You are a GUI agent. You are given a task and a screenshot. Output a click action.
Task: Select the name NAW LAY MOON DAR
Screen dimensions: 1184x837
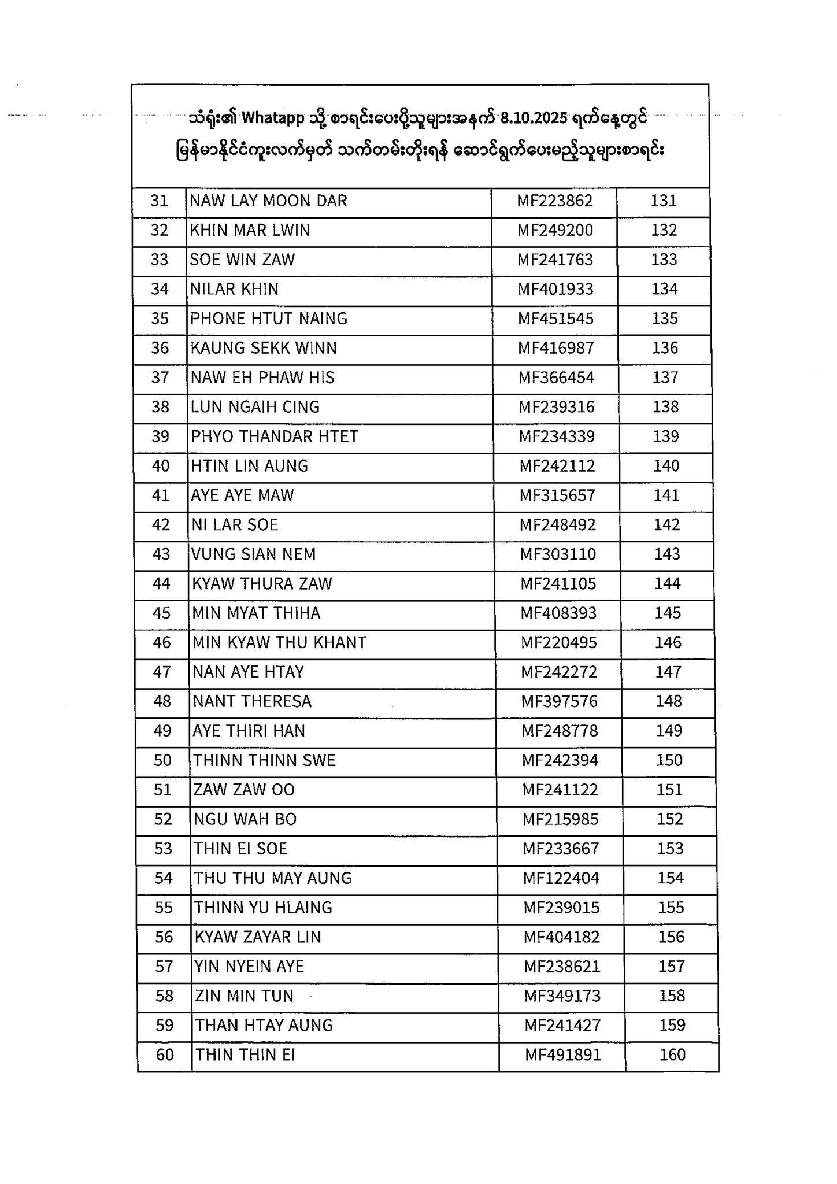(x=269, y=201)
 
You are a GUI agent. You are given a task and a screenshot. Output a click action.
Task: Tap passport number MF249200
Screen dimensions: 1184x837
(x=555, y=231)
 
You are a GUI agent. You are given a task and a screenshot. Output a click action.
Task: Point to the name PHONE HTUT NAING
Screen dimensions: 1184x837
(x=269, y=319)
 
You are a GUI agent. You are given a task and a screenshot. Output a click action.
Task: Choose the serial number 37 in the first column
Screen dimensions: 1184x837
(x=160, y=378)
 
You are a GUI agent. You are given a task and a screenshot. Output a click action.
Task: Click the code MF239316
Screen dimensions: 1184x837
(x=556, y=408)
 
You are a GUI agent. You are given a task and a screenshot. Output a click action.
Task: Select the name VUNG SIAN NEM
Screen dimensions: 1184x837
(x=254, y=554)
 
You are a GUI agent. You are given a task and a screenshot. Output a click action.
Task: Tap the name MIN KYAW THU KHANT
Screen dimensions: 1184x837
(x=279, y=643)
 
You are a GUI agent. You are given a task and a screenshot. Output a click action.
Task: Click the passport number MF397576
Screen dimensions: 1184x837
(x=560, y=702)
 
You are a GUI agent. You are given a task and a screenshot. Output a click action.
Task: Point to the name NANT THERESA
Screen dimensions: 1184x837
(x=252, y=702)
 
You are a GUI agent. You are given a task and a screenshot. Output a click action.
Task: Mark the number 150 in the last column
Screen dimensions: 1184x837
(x=669, y=760)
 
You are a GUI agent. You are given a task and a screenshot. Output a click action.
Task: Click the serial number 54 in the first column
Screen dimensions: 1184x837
(x=164, y=879)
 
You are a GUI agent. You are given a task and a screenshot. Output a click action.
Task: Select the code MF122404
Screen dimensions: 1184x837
(x=561, y=879)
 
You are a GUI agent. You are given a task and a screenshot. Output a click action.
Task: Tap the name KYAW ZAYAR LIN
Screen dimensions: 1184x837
(x=258, y=937)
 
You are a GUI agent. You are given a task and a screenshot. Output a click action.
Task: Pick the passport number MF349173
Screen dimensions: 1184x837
(x=562, y=996)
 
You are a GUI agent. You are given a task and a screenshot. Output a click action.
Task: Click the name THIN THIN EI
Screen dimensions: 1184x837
(x=246, y=1055)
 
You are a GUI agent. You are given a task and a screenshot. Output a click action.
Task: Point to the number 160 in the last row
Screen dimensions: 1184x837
(x=672, y=1055)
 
